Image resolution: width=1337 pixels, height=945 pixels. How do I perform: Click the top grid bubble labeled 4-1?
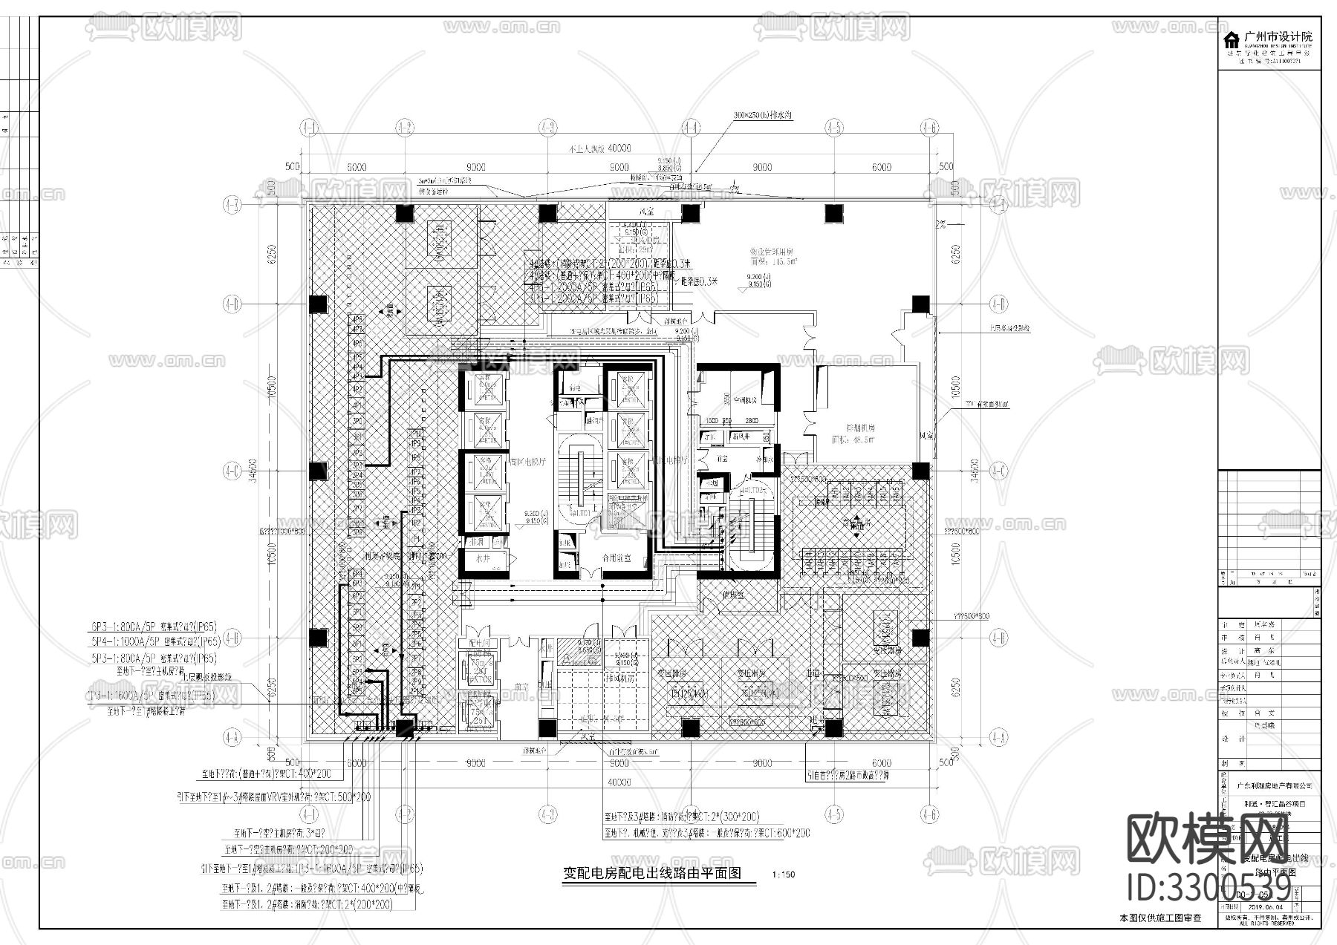[x=310, y=128]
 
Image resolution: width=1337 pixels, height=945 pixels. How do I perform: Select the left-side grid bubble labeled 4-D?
[x=232, y=304]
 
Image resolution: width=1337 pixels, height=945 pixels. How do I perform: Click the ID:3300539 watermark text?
[x=1209, y=887]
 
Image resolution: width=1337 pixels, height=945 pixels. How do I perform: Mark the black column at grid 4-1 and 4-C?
[x=318, y=471]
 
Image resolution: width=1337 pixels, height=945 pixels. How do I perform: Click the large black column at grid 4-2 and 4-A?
[x=405, y=729]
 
